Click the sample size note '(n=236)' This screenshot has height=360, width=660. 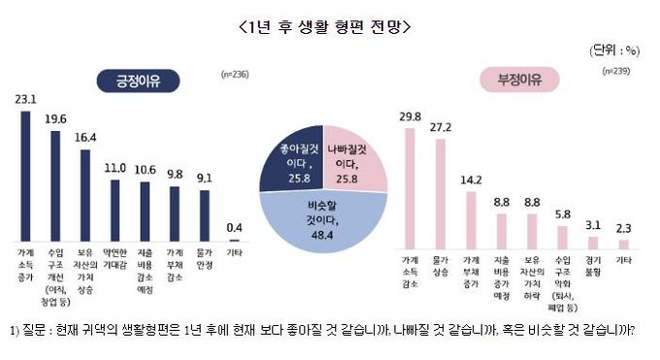pos(234,74)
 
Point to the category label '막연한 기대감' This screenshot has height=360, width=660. pos(115,261)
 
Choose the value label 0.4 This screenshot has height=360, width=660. pos(232,227)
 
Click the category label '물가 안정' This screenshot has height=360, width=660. pos(203,261)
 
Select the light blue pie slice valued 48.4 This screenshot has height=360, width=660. pos(323,223)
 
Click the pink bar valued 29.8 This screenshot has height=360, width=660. pos(410,185)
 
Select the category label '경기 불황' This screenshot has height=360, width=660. pos(591,265)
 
